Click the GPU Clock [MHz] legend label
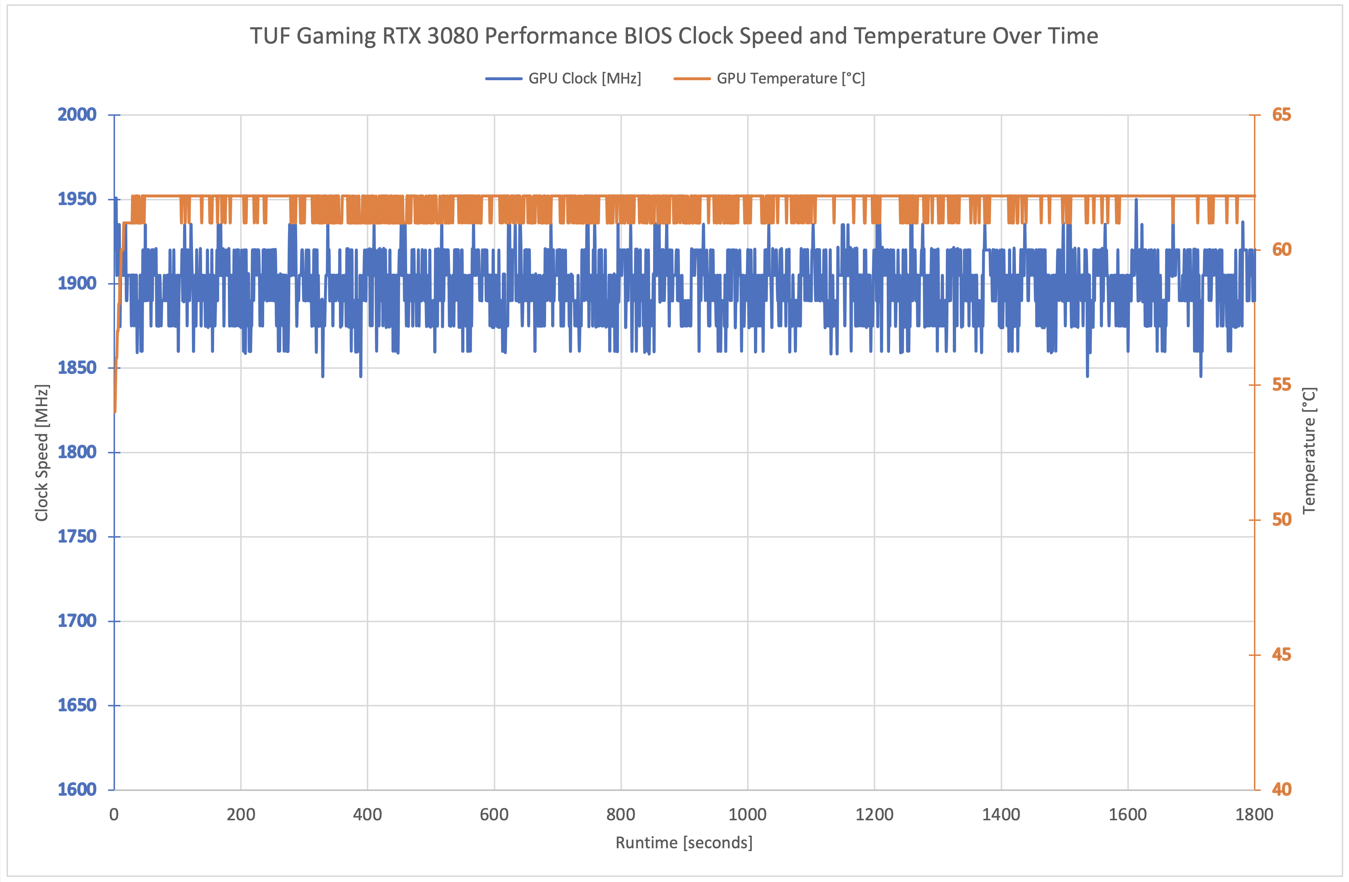pyautogui.click(x=585, y=79)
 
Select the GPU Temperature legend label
pyautogui.click(x=791, y=79)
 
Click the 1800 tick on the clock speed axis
pyautogui.click(x=77, y=452)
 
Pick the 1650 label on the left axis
pyautogui.click(x=77, y=705)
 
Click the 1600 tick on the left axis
pyautogui.click(x=77, y=789)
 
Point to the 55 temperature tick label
pyautogui.click(x=1282, y=385)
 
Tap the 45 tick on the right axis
pyautogui.click(x=1282, y=655)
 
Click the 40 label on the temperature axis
pyautogui.click(x=1282, y=789)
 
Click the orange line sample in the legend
pyautogui.click(x=692, y=79)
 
